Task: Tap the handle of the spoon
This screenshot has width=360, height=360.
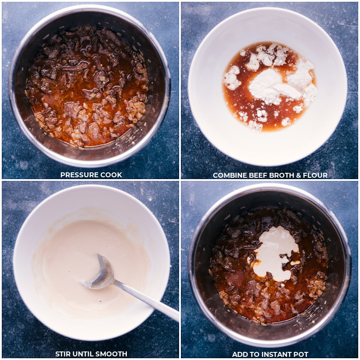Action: coord(147,300)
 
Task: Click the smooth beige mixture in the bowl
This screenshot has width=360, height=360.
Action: coord(69,264)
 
